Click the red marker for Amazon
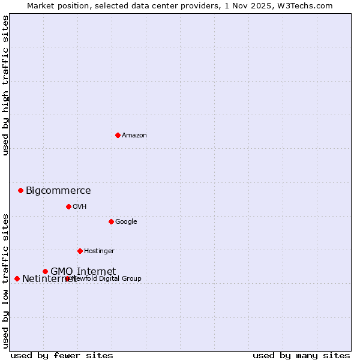tap(118, 135)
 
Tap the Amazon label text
tap(134, 136)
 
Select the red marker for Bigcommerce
tap(20, 190)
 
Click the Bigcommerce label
tap(58, 191)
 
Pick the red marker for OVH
tap(68, 206)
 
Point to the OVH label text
tap(80, 207)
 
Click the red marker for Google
tap(111, 221)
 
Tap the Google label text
tap(126, 222)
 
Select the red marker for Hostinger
tap(80, 251)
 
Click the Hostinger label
tap(99, 251)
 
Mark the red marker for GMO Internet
tap(45, 271)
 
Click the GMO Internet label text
tap(83, 271)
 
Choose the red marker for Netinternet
tap(17, 278)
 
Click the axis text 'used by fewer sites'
tap(62, 356)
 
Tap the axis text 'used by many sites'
tap(301, 356)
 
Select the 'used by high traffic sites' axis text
tap(5, 85)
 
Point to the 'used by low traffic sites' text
tap(5, 280)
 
